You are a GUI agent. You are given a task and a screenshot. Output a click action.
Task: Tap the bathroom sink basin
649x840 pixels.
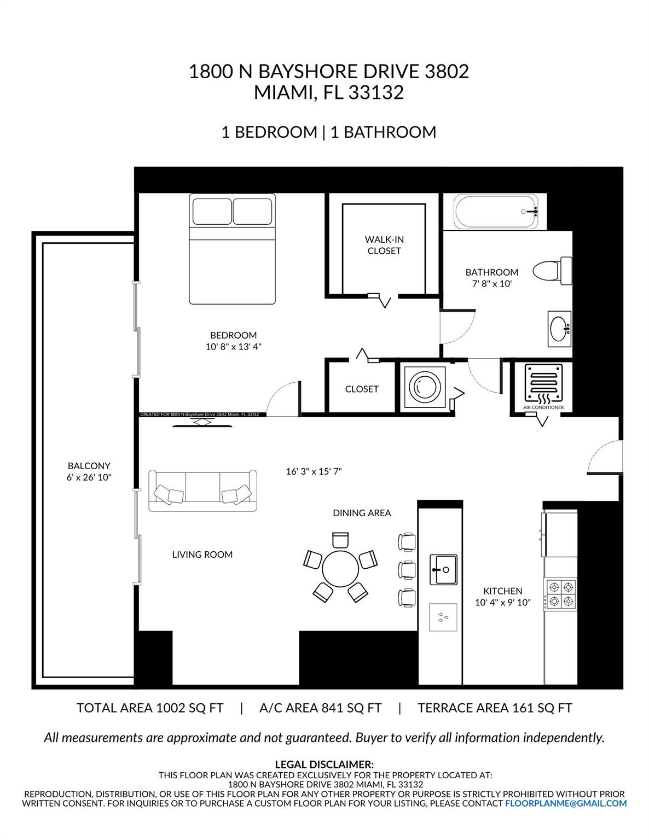click(559, 329)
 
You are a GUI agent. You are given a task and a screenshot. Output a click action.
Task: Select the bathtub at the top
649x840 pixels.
click(499, 212)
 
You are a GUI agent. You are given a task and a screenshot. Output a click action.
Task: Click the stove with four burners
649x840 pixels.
click(561, 594)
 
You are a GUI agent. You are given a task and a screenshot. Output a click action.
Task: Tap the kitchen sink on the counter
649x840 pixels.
click(443, 570)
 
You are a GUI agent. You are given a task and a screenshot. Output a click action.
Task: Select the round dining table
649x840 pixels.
click(340, 569)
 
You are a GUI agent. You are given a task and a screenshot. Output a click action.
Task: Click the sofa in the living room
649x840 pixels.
click(202, 491)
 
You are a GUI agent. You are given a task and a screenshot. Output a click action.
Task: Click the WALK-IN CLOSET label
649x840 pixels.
click(384, 245)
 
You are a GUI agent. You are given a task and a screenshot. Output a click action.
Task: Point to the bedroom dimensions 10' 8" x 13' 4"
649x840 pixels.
click(234, 347)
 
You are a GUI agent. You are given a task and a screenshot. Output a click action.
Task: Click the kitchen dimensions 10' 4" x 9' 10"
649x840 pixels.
click(503, 603)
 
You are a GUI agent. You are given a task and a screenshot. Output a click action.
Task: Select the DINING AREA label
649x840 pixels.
click(362, 513)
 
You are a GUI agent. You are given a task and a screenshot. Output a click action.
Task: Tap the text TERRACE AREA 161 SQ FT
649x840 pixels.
click(495, 708)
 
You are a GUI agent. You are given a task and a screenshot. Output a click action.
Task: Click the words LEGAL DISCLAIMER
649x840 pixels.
click(324, 764)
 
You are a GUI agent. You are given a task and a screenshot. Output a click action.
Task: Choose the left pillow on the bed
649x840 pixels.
click(212, 211)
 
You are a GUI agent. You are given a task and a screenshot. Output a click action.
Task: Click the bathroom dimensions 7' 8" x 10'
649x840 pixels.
click(492, 284)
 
